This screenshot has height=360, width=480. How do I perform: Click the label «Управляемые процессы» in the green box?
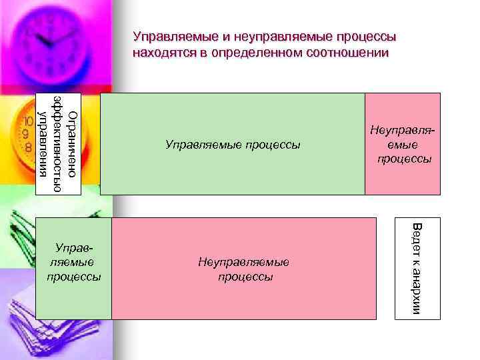[233, 144]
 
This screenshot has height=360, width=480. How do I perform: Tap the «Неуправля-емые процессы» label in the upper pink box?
[403, 145]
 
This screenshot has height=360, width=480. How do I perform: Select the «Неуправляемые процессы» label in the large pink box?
[244, 269]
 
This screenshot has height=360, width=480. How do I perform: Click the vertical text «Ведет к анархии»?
[416, 269]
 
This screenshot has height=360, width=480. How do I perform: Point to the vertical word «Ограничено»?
[74, 143]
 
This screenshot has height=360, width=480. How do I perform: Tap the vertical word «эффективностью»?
[59, 143]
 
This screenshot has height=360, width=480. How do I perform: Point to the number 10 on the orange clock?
[29, 123]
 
